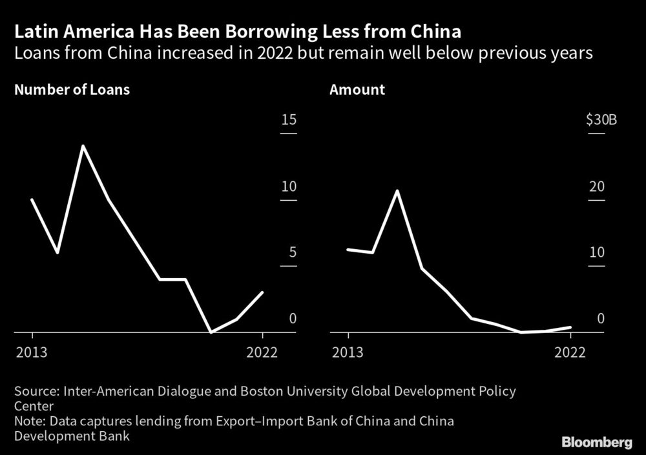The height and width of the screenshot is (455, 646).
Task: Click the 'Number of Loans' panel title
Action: coord(72,90)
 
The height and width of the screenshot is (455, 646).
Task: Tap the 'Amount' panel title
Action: coord(357,90)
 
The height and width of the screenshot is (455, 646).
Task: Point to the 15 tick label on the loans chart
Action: coord(288,120)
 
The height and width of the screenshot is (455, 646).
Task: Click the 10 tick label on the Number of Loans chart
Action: coord(288,187)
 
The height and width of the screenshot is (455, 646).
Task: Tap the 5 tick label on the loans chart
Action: coord(292,252)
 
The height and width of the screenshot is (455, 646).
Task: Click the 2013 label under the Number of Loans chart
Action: coord(32,352)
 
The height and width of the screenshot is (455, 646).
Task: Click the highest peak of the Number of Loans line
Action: coord(83,146)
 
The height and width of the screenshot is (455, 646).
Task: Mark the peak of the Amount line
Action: coord(397,191)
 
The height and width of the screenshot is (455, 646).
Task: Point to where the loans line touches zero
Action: coord(211,332)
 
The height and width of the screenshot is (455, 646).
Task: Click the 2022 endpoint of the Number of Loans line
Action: coord(262,292)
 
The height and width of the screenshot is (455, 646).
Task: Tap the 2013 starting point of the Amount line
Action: coord(348,249)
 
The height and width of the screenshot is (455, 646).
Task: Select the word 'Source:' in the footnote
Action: coord(35,391)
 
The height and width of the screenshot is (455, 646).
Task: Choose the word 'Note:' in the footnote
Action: coord(30,421)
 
